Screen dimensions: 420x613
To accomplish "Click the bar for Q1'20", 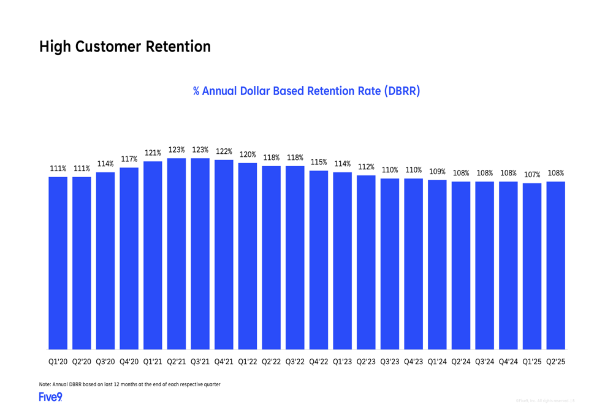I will (x=58, y=264).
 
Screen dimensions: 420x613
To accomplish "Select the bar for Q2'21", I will (x=177, y=254).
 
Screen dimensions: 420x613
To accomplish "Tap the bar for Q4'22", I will (x=319, y=261).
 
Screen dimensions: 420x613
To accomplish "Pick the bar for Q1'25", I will (x=532, y=267).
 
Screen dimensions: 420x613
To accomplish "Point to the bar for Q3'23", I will (x=390, y=264).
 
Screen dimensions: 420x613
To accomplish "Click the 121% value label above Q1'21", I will (x=153, y=153).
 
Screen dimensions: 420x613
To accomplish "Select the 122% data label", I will (x=224, y=151).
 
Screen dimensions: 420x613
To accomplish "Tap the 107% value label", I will (x=532, y=175).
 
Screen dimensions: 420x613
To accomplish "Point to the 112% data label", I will (x=366, y=167).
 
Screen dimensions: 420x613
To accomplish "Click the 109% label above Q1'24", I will (x=437, y=172).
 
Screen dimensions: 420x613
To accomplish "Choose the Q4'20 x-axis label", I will (x=129, y=362).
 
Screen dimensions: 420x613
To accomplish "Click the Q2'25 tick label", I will (x=556, y=362).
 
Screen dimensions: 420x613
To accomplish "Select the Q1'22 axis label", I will (x=248, y=362).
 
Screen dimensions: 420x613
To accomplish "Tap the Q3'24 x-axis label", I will (x=485, y=362).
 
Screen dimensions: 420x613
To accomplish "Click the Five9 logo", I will (x=50, y=397).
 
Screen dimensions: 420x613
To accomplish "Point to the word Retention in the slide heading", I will (x=178, y=47).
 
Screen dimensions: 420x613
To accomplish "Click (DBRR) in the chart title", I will (x=402, y=91).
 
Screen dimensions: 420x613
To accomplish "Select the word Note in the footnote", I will (x=46, y=384).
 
